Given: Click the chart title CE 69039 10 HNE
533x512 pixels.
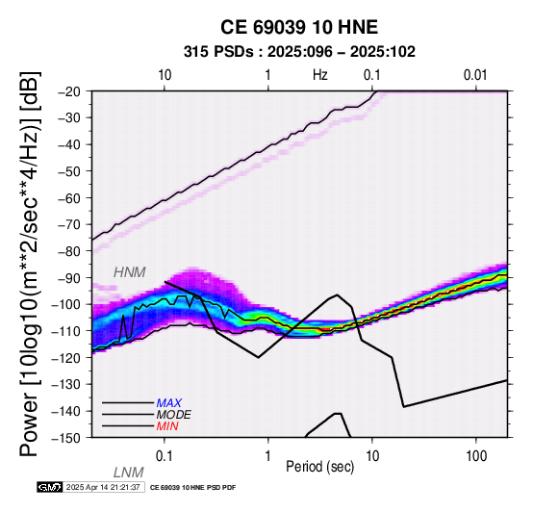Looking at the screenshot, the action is [299, 27].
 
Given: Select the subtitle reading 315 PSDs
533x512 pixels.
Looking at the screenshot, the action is [218, 52].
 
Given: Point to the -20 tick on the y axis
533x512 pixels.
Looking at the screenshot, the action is [70, 91].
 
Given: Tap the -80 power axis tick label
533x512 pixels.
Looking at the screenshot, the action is [70, 251].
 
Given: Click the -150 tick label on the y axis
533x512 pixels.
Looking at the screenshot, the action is [67, 438].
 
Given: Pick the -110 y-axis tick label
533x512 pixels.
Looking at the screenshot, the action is [67, 331].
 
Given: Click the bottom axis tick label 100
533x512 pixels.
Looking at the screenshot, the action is [476, 456].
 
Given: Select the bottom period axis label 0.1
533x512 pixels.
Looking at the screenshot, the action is [165, 456].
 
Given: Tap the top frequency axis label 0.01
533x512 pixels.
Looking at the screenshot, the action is [475, 75].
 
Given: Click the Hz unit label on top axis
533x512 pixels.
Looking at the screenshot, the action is [320, 75].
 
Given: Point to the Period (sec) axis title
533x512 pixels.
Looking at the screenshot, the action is [319, 467].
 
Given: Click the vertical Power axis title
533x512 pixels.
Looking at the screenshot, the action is [29, 264].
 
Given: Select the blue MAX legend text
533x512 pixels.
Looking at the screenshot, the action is [169, 403].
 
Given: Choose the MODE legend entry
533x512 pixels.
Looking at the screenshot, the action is [174, 415].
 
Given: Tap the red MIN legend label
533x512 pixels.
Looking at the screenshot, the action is [167, 426].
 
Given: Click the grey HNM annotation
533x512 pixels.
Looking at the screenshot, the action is [130, 272].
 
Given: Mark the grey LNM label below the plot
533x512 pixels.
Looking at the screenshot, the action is [129, 473].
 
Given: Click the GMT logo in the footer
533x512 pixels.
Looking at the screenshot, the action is [50, 487].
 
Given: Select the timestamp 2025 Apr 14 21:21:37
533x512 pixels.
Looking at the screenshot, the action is [103, 488].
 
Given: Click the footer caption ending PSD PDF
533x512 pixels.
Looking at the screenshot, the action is [192, 488].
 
